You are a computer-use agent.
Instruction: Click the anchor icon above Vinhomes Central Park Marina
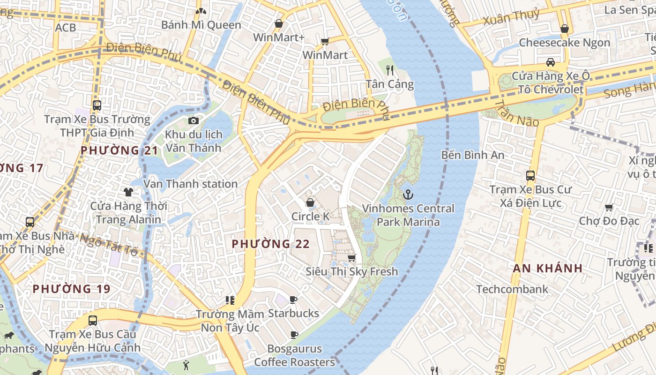(x=408, y=194)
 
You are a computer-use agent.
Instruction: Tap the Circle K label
(x=310, y=216)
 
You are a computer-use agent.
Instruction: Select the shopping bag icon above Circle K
(x=310, y=202)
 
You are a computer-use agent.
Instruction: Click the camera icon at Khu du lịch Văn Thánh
(x=193, y=120)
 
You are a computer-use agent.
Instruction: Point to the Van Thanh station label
(x=190, y=184)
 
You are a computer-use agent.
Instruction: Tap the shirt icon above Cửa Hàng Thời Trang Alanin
(x=128, y=191)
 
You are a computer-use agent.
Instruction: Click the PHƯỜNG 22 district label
(x=270, y=244)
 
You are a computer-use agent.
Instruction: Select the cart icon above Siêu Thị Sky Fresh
(x=351, y=258)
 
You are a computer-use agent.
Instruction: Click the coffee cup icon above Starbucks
(x=293, y=300)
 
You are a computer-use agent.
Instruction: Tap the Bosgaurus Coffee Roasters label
(x=294, y=355)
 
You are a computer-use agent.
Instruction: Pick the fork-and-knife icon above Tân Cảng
(x=390, y=70)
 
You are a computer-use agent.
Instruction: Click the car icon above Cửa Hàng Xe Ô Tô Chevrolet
(x=551, y=62)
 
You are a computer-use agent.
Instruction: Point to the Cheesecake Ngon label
(x=564, y=43)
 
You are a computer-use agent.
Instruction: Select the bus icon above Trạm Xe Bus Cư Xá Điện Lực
(x=530, y=176)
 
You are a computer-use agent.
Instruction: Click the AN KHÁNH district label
(x=547, y=268)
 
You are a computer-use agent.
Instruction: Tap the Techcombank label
(x=512, y=289)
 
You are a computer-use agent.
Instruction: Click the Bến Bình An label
(x=472, y=155)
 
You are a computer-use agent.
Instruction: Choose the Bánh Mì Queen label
(x=201, y=25)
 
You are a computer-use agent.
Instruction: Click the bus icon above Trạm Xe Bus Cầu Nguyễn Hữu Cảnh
(x=93, y=321)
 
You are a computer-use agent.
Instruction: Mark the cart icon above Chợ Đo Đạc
(x=609, y=207)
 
